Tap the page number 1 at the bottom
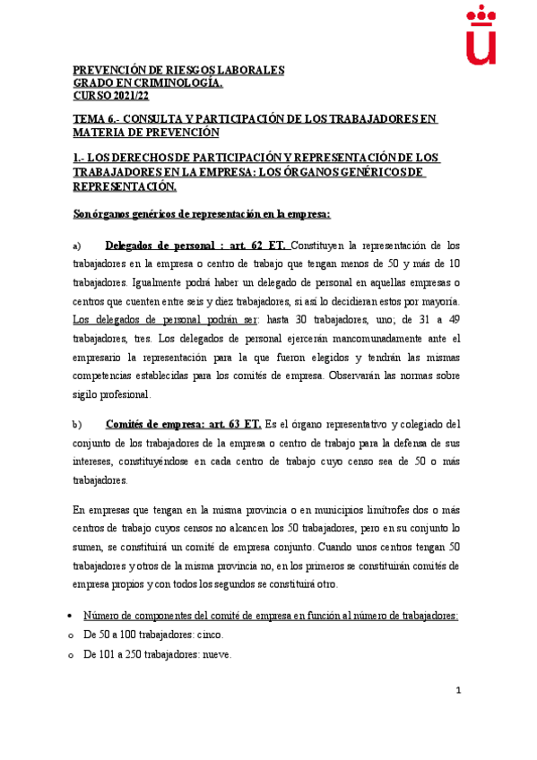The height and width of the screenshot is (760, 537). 458,690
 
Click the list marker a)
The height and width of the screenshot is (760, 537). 76,246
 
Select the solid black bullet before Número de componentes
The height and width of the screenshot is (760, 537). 73,617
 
